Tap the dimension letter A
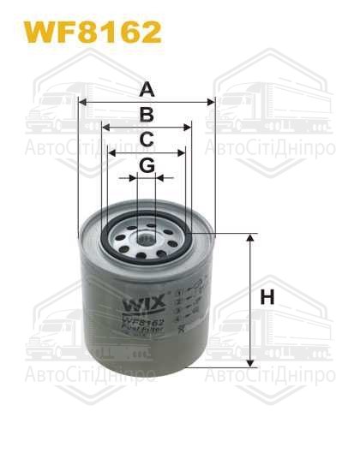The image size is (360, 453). pos(147,89)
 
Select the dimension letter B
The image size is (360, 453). pos(147,116)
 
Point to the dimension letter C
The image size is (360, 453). pos(147,140)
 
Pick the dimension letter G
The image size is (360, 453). pos(147,164)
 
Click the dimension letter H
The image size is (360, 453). pos(267,299)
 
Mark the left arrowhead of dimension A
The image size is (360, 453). pos(82,102)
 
